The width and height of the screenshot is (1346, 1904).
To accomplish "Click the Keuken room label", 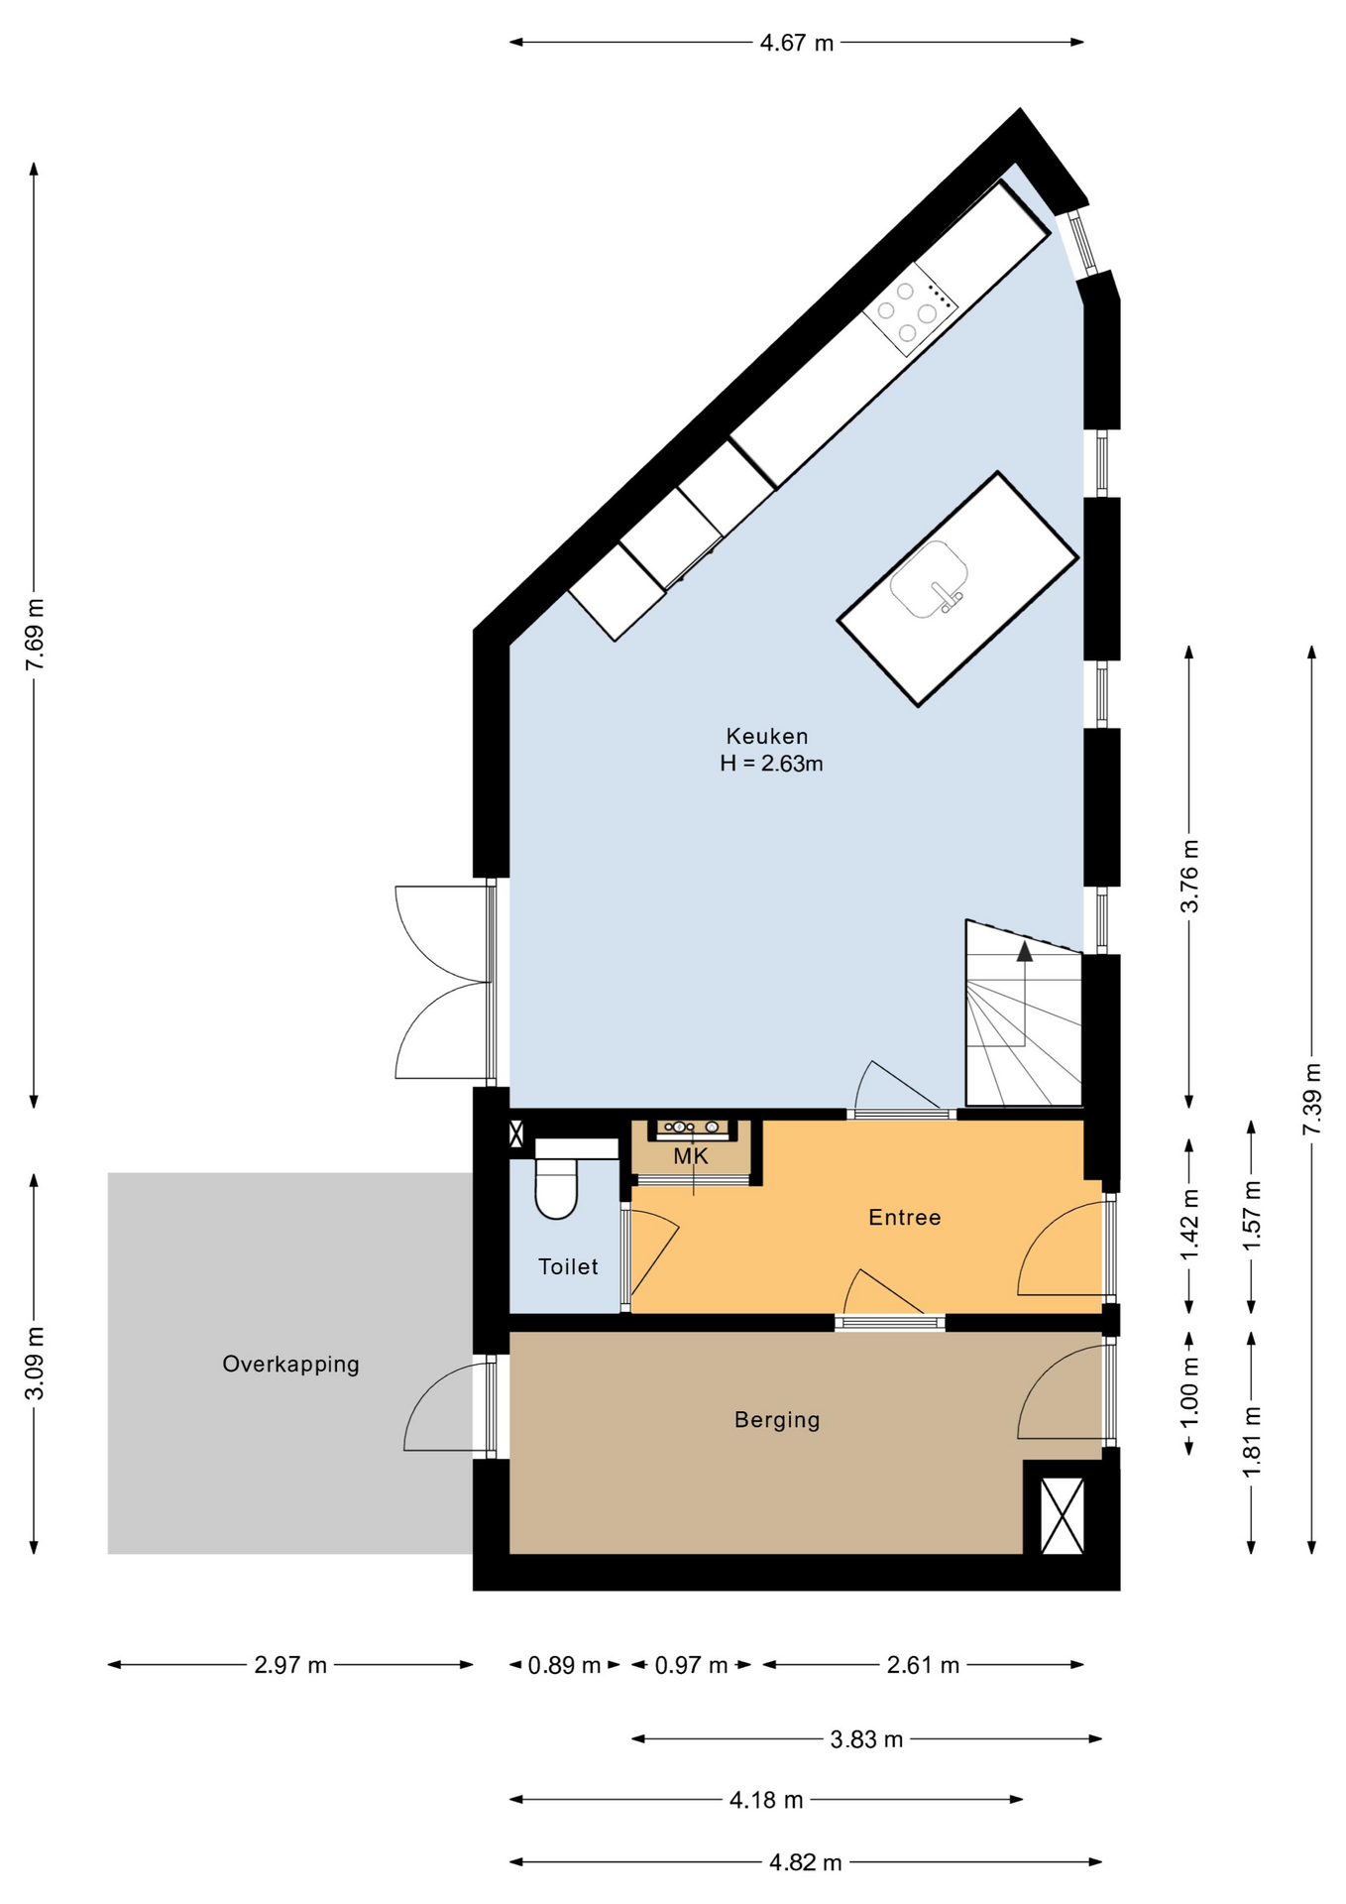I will (x=767, y=736).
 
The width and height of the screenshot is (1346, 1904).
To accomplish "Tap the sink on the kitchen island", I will (x=929, y=579).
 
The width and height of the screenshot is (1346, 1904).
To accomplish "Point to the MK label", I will (x=691, y=1156).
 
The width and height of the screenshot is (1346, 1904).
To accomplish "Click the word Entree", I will (x=904, y=1217).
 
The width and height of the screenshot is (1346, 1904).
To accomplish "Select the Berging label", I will (x=777, y=1419).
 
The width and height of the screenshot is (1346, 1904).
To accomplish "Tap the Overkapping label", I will (x=290, y=1364).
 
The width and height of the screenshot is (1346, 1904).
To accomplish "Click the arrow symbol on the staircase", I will (x=1024, y=952).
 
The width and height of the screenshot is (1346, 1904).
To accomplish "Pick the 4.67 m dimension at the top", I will (x=797, y=43).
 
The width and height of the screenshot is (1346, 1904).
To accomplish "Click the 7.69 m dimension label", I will (x=36, y=634).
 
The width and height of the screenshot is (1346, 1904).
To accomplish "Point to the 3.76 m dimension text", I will (x=1190, y=876).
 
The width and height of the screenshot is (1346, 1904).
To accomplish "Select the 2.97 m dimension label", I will (x=290, y=1665).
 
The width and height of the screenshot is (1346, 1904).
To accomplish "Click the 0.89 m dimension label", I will (x=564, y=1665).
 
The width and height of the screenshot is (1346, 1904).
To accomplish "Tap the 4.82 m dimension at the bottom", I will (x=805, y=1862).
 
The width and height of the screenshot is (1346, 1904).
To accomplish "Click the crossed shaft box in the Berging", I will (x=1063, y=1515).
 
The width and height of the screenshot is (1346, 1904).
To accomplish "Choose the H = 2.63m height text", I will (x=771, y=764).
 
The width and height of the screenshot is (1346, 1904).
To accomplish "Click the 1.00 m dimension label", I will (x=1190, y=1391).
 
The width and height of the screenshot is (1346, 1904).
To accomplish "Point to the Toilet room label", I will (x=568, y=1266).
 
